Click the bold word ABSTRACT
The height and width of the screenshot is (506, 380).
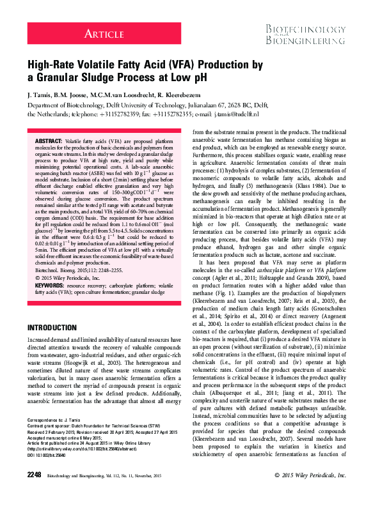[x=49, y=139]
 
